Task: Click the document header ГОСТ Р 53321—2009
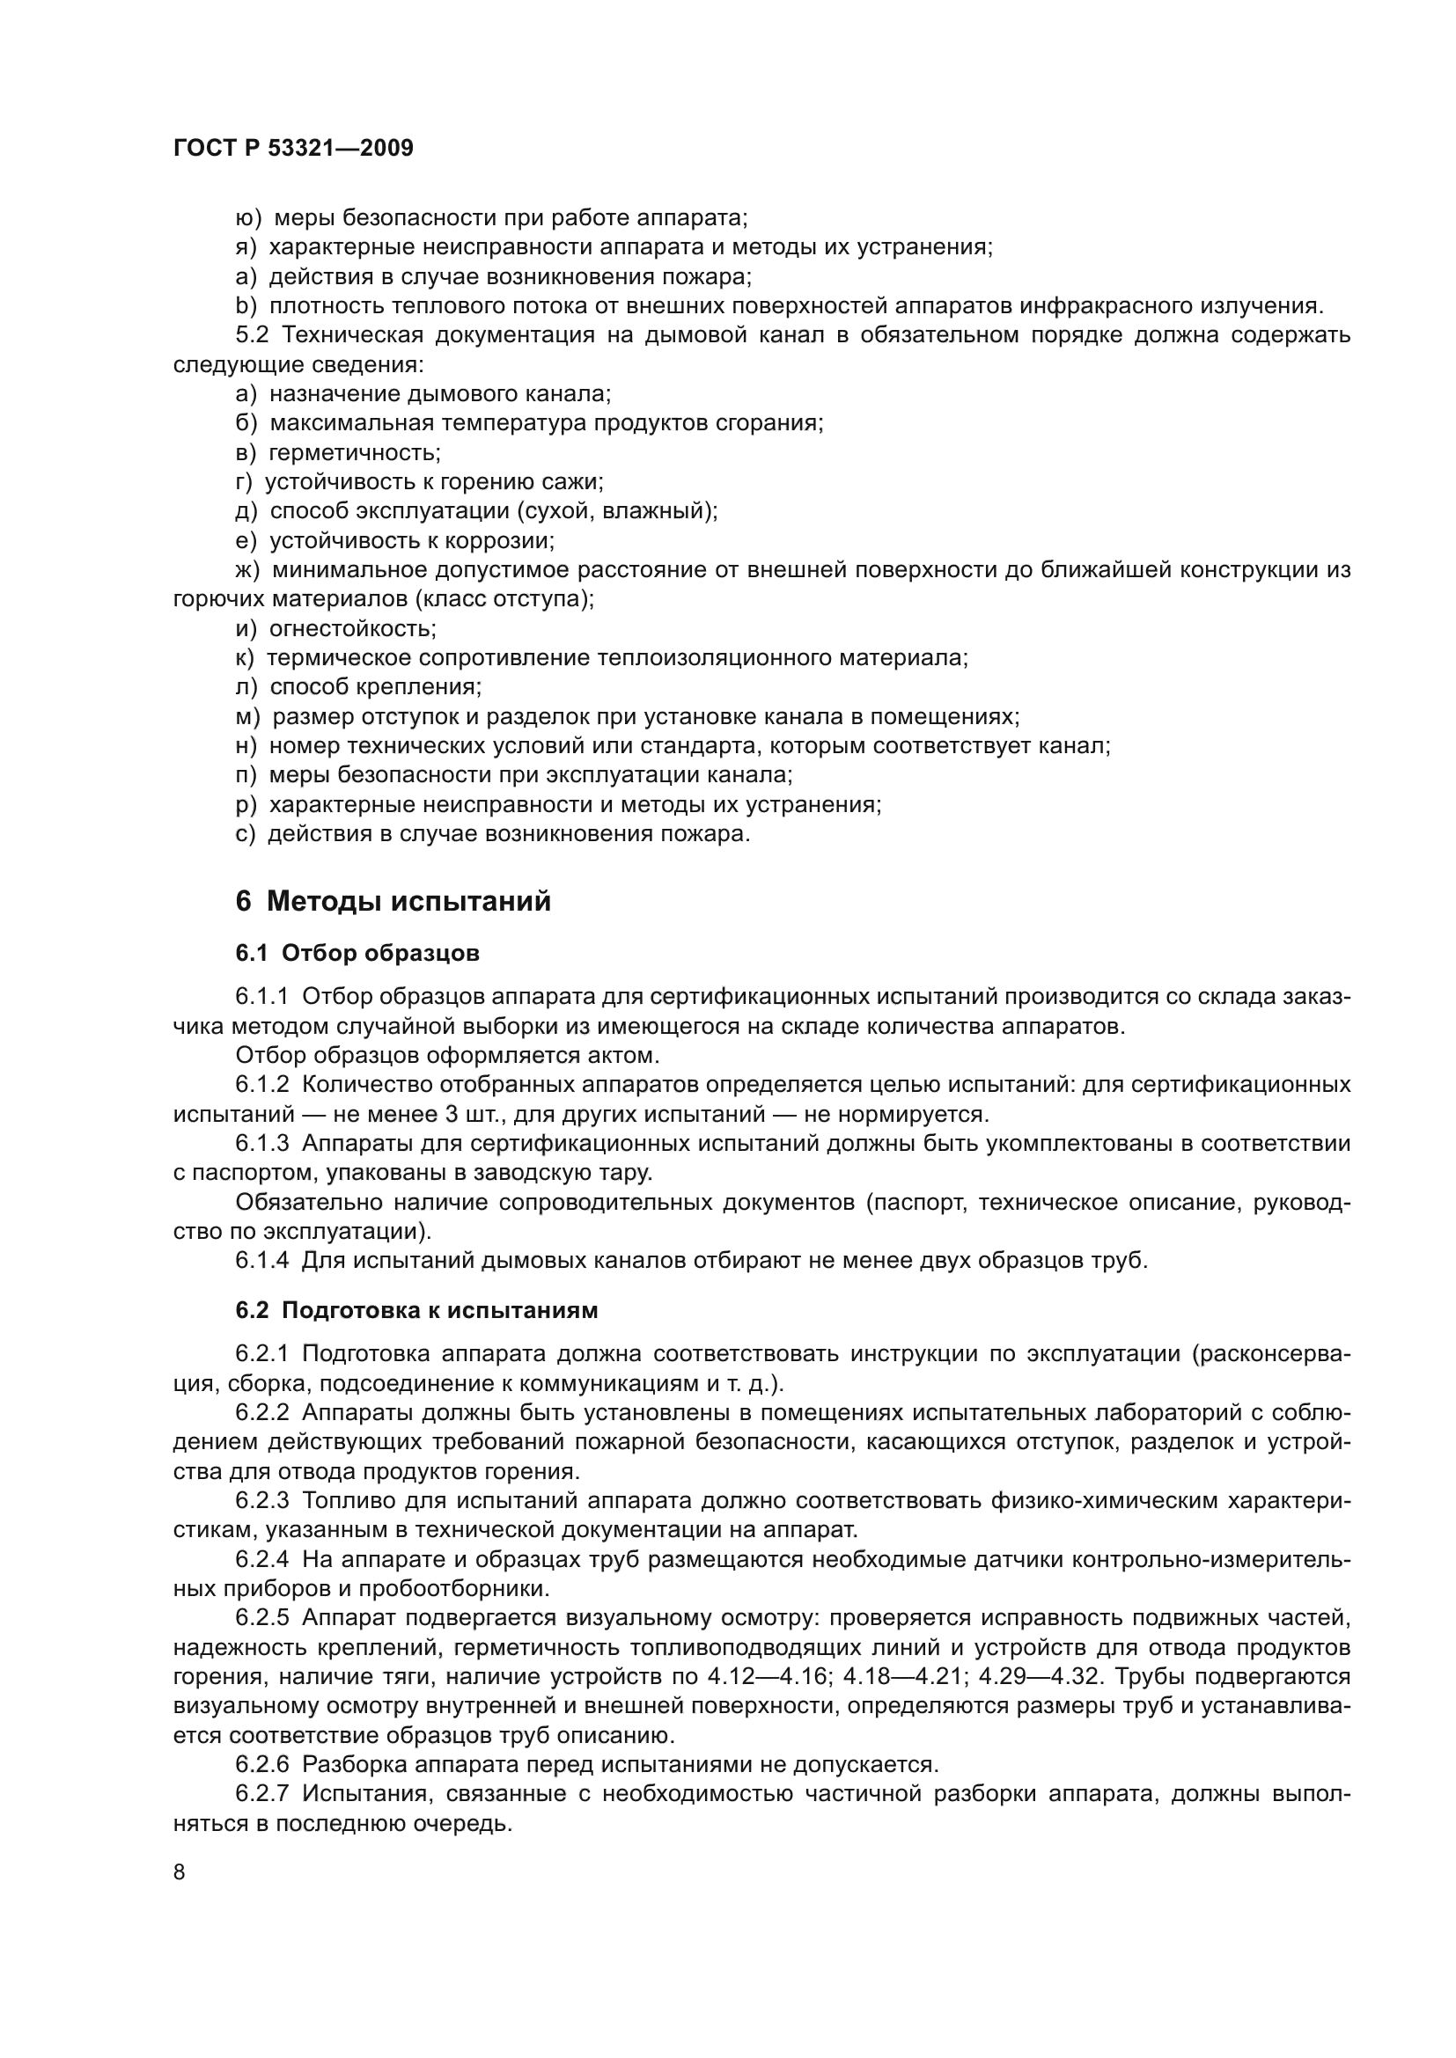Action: [293, 148]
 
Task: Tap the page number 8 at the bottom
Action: [180, 1871]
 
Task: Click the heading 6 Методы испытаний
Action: [393, 901]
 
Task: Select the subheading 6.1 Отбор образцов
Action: [357, 953]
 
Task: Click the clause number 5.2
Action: [252, 335]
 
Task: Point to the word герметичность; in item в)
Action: [355, 452]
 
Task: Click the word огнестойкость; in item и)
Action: [353, 628]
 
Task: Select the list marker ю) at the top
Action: [248, 218]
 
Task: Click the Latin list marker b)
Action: [246, 305]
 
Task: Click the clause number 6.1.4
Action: [262, 1260]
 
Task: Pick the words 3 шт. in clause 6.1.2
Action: [474, 1114]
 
